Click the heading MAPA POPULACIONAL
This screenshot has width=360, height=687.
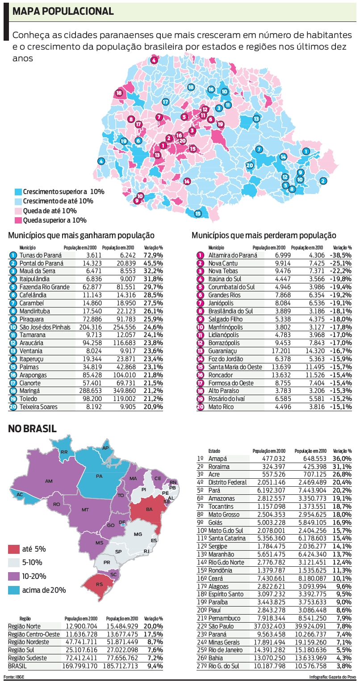point(63,12)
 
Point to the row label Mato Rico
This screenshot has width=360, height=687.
point(221,407)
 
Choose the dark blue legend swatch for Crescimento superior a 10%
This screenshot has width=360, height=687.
point(18,192)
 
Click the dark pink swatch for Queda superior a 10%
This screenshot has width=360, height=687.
point(18,220)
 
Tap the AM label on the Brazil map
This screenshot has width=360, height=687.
point(49,481)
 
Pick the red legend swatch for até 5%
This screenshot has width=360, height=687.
point(14,549)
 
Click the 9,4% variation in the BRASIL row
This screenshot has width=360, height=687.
point(153,666)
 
